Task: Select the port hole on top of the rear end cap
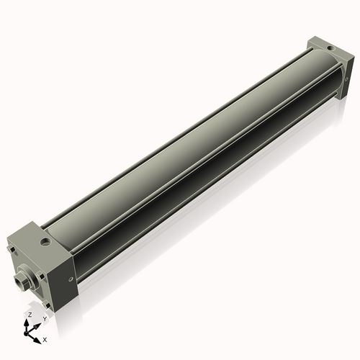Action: click(330, 48)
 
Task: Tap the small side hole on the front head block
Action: click(69, 279)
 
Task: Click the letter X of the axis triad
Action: click(45, 338)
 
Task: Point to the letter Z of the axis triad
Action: click(29, 315)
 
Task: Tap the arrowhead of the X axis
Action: click(38, 336)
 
